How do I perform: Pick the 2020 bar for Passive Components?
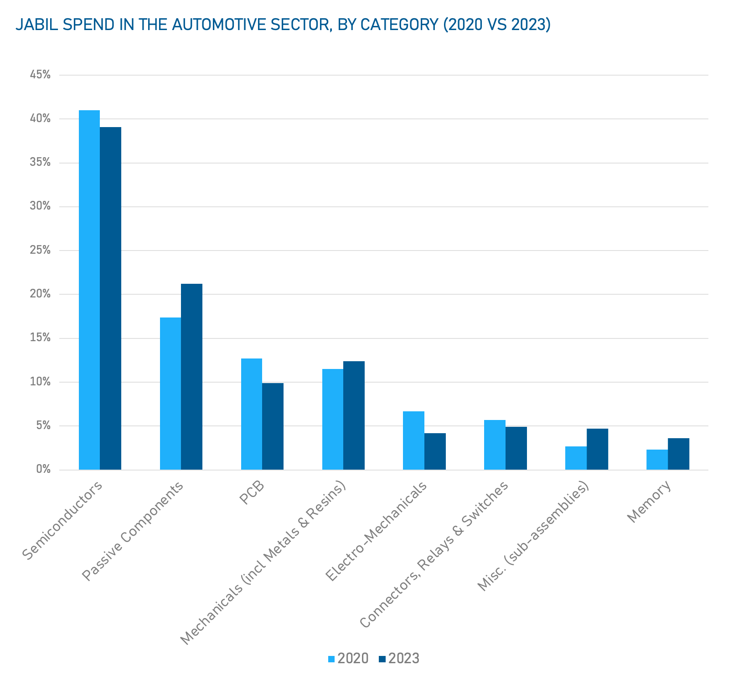[x=170, y=394]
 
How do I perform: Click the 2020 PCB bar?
[x=252, y=414]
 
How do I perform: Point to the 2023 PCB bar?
[x=273, y=426]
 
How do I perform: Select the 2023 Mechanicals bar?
[x=354, y=415]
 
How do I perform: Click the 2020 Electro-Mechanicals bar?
[x=413, y=440]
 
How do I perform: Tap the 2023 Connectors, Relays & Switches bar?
[x=516, y=448]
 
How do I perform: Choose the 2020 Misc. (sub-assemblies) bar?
[x=576, y=458]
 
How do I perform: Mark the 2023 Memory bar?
[x=678, y=454]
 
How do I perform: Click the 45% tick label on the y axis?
[x=40, y=75]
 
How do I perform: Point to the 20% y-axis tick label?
[x=40, y=294]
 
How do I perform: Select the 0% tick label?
[x=43, y=470]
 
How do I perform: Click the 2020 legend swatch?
[x=331, y=659]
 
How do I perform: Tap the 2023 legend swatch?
[x=382, y=659]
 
